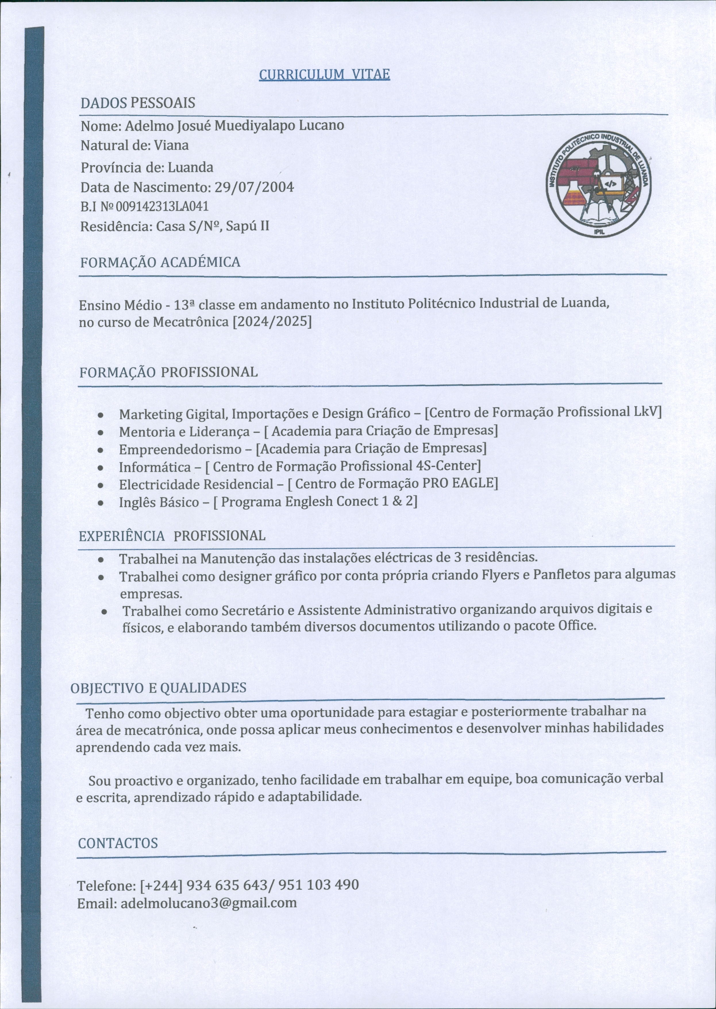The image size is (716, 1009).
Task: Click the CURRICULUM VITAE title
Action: (324, 74)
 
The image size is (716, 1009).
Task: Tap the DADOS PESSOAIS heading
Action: (138, 103)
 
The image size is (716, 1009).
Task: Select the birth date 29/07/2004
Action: (254, 187)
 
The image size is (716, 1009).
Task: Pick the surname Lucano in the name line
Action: (322, 126)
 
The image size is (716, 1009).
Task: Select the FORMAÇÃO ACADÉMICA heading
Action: (160, 262)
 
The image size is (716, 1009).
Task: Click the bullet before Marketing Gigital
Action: (101, 416)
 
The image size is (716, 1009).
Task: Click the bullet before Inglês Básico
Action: (101, 503)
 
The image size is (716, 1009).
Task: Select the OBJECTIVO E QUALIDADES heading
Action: (158, 688)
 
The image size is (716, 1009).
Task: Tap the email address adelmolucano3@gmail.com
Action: (209, 903)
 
